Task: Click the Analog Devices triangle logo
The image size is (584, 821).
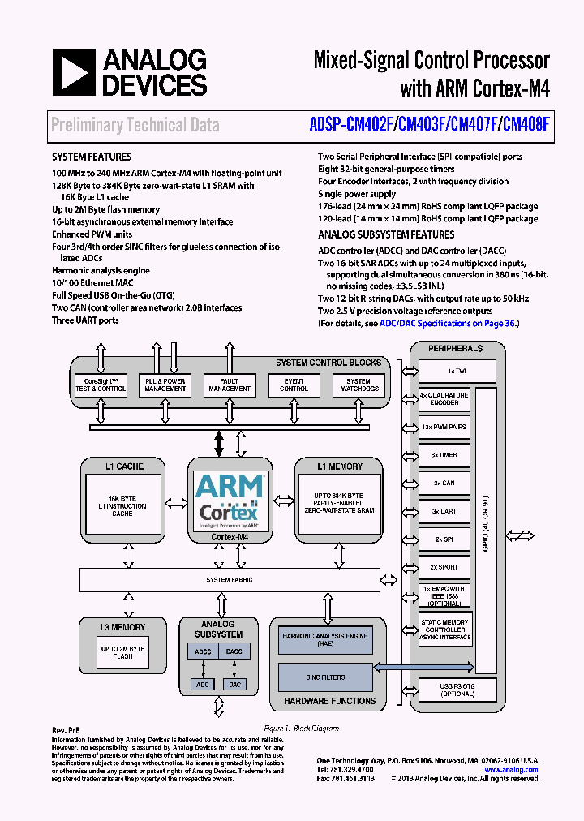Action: point(74,72)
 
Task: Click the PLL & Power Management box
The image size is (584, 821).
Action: point(165,385)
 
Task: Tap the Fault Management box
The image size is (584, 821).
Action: point(230,385)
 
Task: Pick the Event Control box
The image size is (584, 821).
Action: point(294,385)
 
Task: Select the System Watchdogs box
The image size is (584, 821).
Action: point(358,385)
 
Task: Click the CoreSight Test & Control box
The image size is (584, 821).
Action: point(101,385)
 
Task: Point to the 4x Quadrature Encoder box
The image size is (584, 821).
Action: point(444,398)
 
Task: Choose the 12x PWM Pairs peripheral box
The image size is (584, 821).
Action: point(444,427)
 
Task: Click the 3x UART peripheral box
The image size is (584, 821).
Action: point(444,511)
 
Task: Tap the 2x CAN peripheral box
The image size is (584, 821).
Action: point(444,483)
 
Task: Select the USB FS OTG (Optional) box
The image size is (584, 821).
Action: point(457,690)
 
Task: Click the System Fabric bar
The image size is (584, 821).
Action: point(229,579)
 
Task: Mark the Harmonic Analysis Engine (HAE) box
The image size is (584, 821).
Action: point(325,639)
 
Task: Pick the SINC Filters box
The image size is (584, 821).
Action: point(325,676)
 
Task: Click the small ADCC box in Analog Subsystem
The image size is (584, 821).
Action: point(203,651)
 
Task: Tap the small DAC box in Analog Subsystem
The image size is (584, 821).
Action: point(234,684)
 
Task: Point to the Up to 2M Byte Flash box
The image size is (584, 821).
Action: point(122,651)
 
